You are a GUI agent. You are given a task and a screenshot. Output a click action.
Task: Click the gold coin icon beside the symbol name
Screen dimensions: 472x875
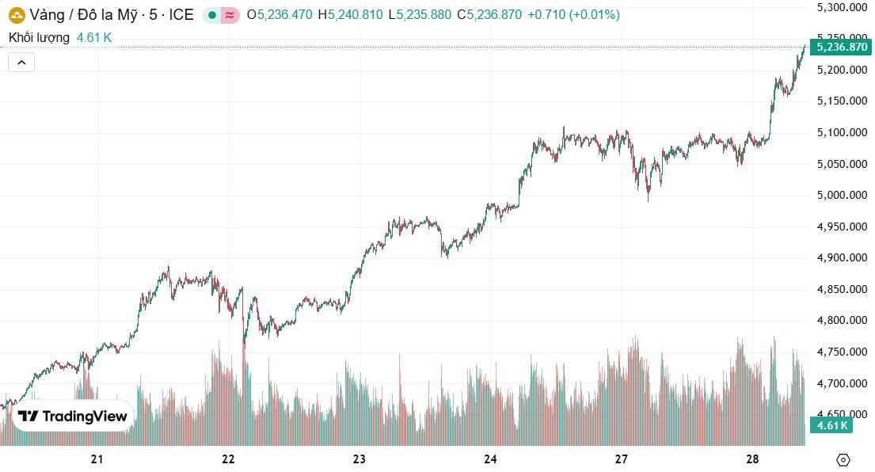point(16,14)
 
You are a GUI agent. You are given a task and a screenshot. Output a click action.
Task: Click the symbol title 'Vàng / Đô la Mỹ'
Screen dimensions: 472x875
point(78,14)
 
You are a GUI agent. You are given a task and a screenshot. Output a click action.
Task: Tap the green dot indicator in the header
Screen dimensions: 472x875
point(212,14)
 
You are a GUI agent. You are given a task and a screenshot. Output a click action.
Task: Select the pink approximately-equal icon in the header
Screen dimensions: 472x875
point(230,14)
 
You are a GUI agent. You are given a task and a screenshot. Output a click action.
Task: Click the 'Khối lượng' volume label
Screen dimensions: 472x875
point(39,37)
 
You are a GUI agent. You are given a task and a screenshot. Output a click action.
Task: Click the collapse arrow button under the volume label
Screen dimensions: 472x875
point(21,62)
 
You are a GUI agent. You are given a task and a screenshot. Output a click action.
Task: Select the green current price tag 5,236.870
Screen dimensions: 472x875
point(843,48)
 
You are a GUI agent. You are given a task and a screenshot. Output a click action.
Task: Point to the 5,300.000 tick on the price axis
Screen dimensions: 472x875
point(843,7)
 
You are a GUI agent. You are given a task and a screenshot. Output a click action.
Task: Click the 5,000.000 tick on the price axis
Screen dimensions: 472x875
point(843,195)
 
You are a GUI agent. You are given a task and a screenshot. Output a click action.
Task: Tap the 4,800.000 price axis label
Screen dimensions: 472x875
point(843,321)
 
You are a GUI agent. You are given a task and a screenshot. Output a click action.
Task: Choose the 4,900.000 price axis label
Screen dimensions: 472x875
point(843,258)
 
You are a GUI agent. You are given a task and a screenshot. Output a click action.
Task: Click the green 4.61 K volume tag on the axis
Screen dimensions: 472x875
point(832,426)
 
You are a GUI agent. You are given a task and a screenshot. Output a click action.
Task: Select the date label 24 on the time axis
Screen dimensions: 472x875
point(490,459)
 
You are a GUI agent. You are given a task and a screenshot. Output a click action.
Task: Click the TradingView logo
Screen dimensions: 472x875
point(73,417)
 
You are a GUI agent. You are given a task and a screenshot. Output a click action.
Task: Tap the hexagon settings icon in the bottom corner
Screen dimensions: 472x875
point(843,459)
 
